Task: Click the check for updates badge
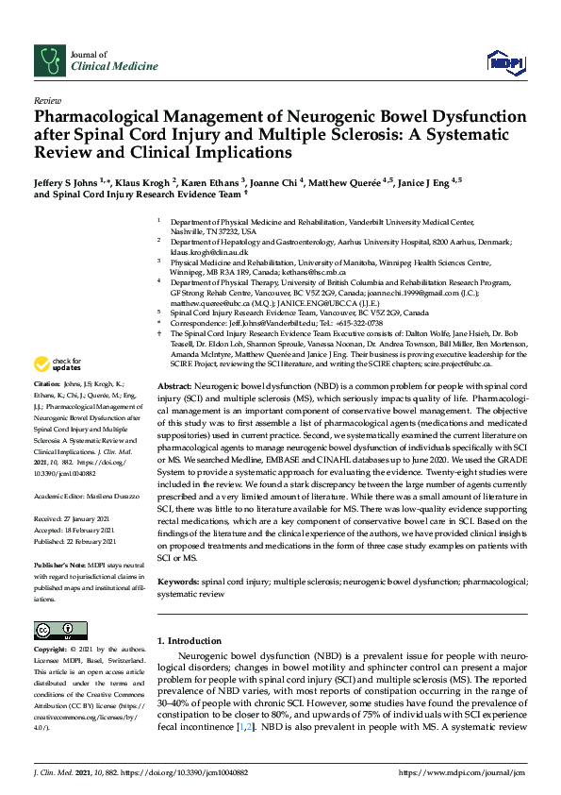point(57,363)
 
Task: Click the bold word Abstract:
point(173,388)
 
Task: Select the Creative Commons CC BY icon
point(54,631)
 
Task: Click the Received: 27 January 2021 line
point(74,518)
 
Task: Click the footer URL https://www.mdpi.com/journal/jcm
point(462,772)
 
